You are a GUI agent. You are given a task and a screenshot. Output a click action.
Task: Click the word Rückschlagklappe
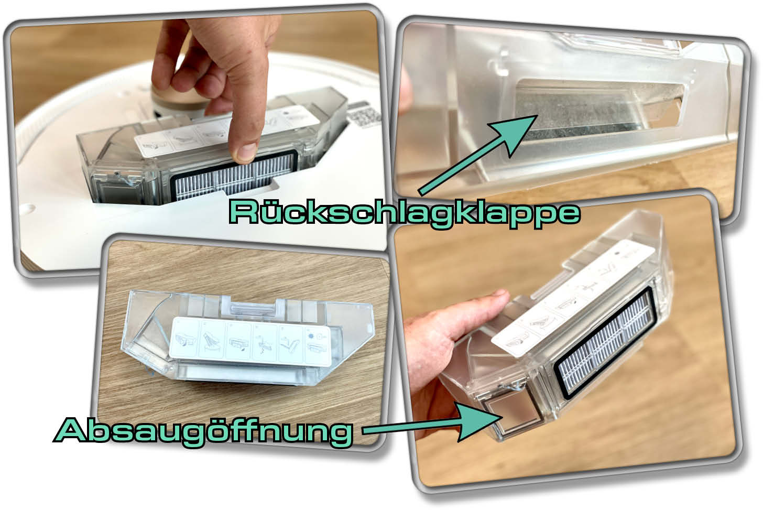click(405, 213)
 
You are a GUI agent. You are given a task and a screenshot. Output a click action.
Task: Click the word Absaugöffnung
click(203, 431)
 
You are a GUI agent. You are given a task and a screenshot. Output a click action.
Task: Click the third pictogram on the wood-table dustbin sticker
click(238, 341)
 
